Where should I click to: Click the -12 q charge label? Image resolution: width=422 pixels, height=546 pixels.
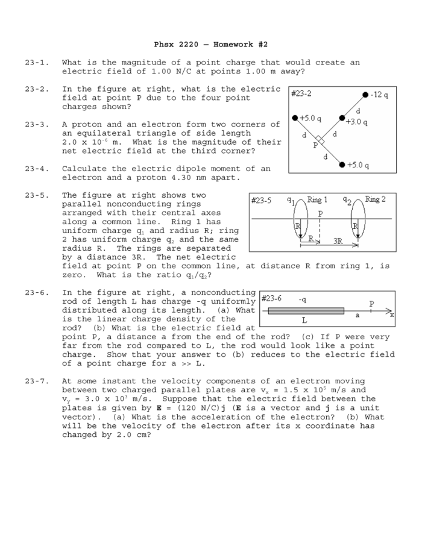(380, 95)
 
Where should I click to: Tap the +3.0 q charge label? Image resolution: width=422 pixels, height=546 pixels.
(357, 122)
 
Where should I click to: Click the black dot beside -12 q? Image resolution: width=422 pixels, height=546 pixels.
(366, 95)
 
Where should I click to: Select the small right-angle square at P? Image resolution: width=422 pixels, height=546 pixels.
(321, 140)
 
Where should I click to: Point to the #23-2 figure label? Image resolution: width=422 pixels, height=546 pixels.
(301, 94)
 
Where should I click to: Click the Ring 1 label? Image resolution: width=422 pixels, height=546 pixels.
(318, 199)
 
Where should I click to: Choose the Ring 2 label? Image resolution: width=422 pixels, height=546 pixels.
(375, 199)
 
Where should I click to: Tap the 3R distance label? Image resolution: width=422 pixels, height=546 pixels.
(338, 240)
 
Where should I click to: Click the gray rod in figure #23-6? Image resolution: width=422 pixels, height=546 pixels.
(306, 311)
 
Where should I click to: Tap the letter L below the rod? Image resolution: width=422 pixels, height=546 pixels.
(304, 321)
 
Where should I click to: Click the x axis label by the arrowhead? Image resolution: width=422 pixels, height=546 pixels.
(392, 315)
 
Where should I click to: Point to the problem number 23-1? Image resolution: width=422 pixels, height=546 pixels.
(36, 63)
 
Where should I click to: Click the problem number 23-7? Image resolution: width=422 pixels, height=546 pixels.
(36, 381)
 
